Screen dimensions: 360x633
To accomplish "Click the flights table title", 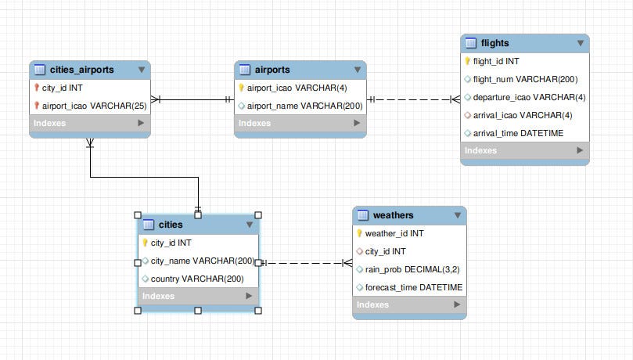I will point(496,43).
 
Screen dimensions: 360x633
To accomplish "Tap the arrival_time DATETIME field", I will point(518,133).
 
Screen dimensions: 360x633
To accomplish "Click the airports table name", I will point(272,70).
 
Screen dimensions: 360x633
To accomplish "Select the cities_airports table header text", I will point(81,70).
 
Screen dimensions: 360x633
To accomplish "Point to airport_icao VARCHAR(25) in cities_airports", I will point(95,105).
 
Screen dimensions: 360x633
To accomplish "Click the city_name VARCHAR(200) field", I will point(202,261).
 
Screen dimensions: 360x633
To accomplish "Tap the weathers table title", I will point(394,215).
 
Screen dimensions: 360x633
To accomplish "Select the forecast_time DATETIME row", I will point(413,287).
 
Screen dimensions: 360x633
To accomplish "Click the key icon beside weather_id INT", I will point(359,233).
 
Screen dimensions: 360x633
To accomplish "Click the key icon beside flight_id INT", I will point(467,61).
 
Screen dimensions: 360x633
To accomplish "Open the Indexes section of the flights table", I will point(524,150).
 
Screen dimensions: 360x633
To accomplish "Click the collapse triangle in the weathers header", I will point(457,215).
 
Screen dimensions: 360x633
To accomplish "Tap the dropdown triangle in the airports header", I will point(357,70).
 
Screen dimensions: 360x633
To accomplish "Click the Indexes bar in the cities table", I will point(198,296).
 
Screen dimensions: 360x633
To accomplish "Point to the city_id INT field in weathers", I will point(385,251).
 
